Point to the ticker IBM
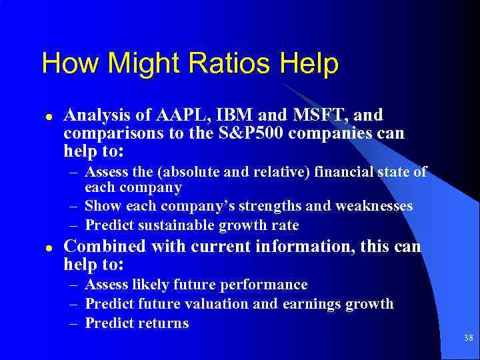point(226,115)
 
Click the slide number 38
point(469,339)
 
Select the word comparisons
point(109,133)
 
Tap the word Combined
point(104,247)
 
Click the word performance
point(269,285)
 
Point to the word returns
point(163,323)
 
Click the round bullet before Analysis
point(48,116)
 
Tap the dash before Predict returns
point(76,323)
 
